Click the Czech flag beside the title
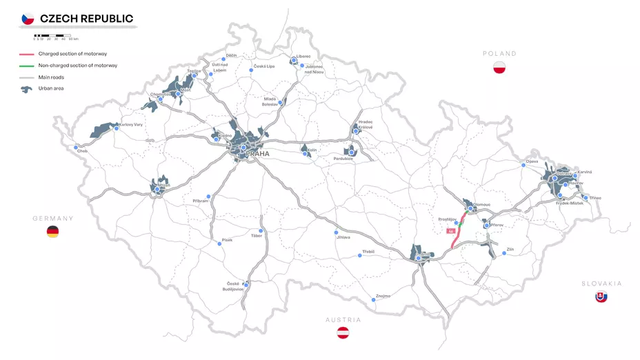(28, 19)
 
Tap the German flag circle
(52, 232)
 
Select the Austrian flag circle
(343, 333)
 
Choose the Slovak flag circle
(601, 297)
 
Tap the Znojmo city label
(383, 296)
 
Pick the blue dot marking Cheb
(76, 147)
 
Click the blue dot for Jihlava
(337, 232)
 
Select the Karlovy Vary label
(131, 125)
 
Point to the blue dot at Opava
(523, 165)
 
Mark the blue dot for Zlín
(504, 253)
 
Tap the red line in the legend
(27, 54)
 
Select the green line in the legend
(27, 66)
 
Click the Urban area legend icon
(27, 89)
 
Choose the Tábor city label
(256, 236)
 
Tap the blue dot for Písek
(220, 246)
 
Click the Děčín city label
(232, 54)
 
